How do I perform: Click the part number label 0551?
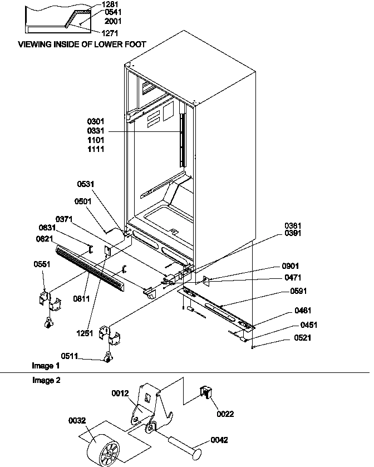click(x=42, y=264)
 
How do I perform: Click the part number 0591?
click(x=299, y=291)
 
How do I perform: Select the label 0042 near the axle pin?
click(x=219, y=440)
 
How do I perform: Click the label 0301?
click(x=96, y=121)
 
